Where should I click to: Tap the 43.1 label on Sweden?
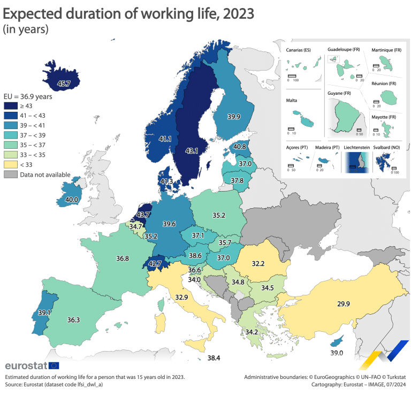192,151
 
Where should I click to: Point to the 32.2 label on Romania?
258,263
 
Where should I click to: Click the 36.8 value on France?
123,258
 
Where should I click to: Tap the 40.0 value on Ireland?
71,199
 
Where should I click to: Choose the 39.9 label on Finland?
233,117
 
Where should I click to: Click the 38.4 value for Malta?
214,357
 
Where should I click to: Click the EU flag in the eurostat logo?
54,366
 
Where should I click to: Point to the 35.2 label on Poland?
218,216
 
